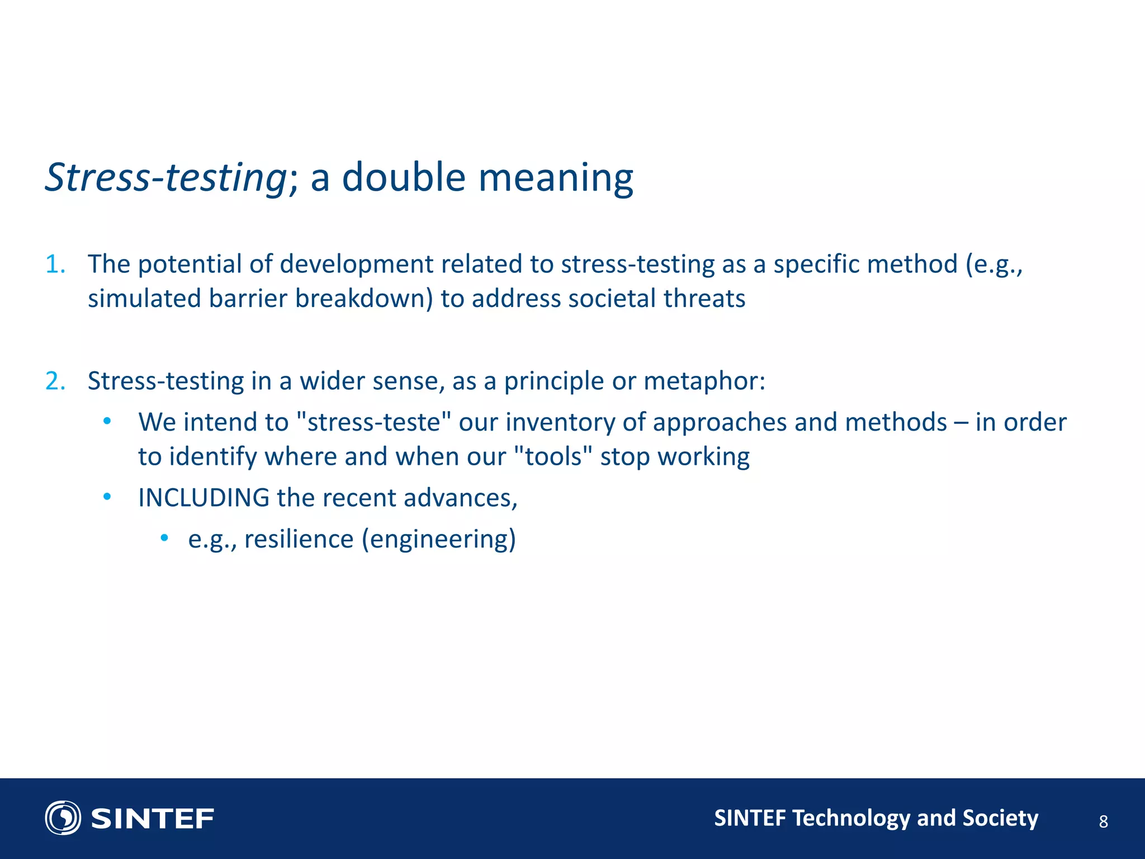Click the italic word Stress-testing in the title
[165, 178]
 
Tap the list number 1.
[55, 264]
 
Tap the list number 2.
[55, 381]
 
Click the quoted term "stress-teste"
[371, 422]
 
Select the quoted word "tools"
[553, 457]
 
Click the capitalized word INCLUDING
[204, 498]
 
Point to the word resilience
[299, 539]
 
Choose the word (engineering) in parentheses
[439, 539]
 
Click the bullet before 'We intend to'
[107, 421]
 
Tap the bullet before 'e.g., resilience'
[164, 538]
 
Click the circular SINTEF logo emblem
[63, 818]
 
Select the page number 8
[1103, 822]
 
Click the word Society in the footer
[1000, 818]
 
